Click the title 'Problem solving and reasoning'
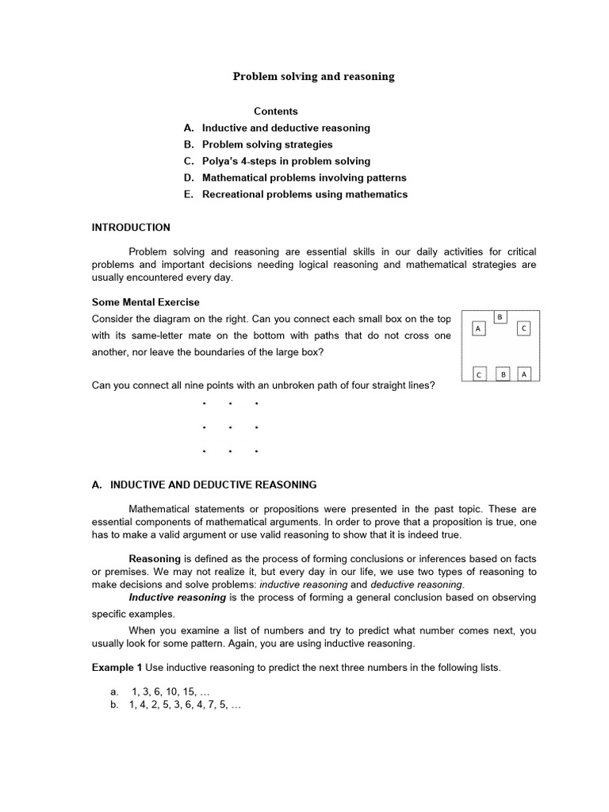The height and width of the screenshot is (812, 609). click(313, 77)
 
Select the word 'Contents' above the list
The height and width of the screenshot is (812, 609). click(276, 111)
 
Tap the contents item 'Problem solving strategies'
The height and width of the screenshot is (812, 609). click(267, 144)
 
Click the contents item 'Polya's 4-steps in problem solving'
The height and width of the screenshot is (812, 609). click(285, 161)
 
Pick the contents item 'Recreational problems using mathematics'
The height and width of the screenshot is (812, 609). click(304, 194)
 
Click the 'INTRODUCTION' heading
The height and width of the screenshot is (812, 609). click(131, 228)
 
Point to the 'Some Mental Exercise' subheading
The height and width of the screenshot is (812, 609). click(146, 302)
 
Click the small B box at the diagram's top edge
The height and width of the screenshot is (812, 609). click(500, 317)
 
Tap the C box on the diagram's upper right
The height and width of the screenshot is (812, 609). click(523, 328)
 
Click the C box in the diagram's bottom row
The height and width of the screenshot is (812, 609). click(479, 374)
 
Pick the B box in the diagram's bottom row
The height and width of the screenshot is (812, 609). click(503, 374)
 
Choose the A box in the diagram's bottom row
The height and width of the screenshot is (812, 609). click(524, 374)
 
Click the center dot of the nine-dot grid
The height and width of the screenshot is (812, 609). click(230, 428)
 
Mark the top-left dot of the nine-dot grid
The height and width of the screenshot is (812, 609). click(204, 404)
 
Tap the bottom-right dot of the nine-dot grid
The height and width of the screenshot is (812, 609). click(256, 452)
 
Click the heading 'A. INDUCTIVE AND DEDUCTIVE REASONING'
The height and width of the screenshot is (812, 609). click(205, 485)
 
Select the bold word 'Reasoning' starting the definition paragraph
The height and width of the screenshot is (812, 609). click(155, 559)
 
